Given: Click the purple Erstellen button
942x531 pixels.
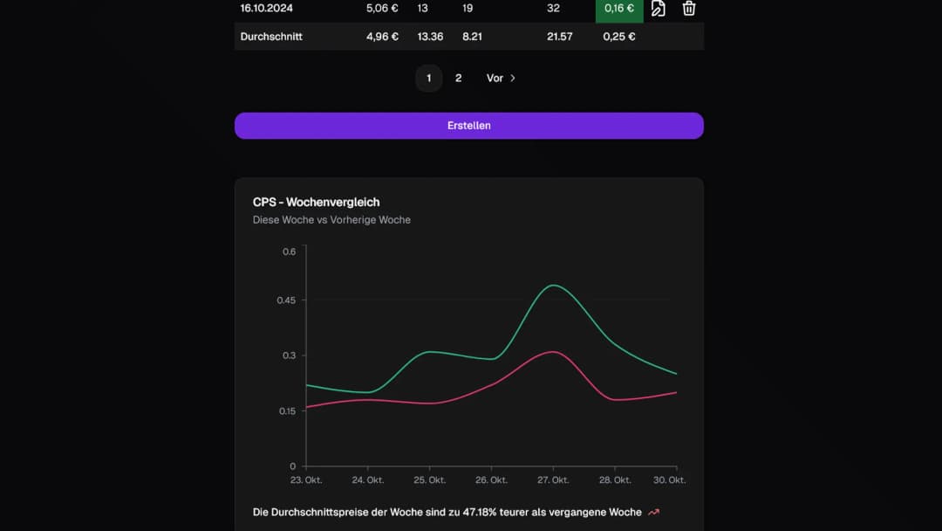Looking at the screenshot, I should click(468, 126).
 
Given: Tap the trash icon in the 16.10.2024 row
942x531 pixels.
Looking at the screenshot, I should click(688, 9).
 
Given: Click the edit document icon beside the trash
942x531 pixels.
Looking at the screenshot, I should click(659, 9).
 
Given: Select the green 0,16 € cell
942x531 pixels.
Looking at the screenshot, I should click(619, 9).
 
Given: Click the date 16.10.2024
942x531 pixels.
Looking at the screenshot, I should click(267, 9).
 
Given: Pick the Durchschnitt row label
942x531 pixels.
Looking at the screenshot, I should click(271, 37).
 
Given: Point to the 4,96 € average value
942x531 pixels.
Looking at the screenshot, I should click(382, 37).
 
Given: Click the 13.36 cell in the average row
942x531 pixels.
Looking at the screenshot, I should click(430, 37).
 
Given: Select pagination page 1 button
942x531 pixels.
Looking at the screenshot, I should click(428, 79).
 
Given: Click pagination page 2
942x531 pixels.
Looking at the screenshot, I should click(458, 79).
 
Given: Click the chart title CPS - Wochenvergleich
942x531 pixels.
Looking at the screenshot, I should click(316, 203).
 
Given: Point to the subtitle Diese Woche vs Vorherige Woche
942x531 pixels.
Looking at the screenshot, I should click(331, 220).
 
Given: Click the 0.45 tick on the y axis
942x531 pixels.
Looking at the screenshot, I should click(286, 300).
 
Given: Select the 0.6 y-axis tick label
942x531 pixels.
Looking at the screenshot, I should click(289, 252).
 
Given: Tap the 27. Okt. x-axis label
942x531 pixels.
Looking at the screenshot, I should click(553, 480).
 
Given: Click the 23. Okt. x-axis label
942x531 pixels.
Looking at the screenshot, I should click(306, 480).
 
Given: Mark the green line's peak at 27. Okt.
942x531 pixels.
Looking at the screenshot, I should click(552, 285).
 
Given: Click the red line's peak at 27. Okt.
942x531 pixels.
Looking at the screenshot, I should click(551, 352).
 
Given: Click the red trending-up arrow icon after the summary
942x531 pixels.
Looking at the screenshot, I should click(654, 513).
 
